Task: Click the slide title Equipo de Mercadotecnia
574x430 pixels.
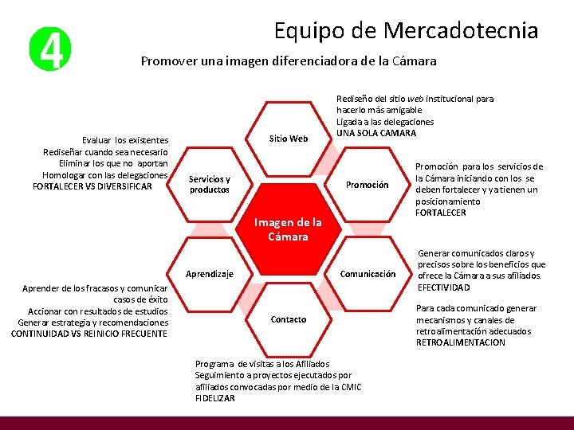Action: point(406,30)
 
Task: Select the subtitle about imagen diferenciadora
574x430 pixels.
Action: point(288,61)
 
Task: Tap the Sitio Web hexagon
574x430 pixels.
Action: point(288,139)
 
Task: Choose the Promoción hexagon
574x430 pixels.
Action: point(367,185)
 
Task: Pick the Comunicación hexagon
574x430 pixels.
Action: point(368,274)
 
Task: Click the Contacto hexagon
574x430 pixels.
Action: point(288,319)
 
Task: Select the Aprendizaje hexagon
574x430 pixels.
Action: point(210,274)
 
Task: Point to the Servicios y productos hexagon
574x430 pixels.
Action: point(210,185)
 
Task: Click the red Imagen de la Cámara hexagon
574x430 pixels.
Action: point(288,229)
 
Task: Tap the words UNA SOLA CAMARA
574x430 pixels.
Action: point(376,133)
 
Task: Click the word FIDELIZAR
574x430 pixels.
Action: point(215,398)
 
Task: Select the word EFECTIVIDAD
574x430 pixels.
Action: point(443,287)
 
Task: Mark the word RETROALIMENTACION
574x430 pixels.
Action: point(461,342)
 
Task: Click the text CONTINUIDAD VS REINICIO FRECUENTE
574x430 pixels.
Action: point(89,334)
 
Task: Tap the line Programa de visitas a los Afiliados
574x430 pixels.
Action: point(261,364)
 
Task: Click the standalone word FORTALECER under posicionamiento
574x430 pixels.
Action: point(441,213)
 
